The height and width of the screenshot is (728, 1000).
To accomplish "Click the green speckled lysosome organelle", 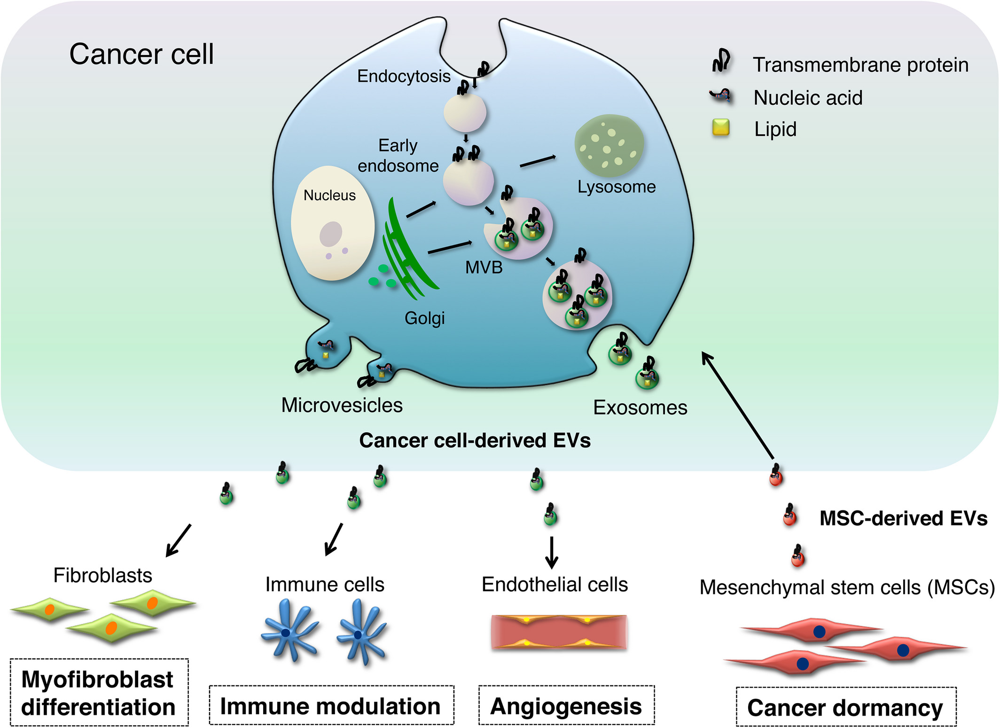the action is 609,146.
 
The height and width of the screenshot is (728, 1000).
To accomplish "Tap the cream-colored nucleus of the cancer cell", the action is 333,223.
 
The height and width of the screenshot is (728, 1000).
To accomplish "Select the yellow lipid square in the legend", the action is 721,127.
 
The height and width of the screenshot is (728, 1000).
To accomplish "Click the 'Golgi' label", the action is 425,318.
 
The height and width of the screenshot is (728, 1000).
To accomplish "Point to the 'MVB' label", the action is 484,267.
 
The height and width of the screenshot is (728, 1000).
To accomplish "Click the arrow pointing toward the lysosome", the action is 538,161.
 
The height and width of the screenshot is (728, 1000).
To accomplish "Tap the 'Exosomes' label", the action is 640,407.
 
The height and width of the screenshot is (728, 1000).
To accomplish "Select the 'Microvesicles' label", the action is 342,405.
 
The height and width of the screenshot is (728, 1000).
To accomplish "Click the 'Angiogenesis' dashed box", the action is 566,705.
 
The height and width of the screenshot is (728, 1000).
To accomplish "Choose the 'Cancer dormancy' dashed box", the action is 846,707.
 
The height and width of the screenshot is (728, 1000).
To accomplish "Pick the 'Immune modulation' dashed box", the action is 331,705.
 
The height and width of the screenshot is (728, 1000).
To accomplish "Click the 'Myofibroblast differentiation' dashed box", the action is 99,692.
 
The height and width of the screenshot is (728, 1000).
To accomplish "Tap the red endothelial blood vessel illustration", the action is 559,632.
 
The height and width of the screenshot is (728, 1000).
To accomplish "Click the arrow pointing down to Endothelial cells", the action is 552,552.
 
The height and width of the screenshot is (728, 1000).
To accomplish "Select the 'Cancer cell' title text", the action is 141,54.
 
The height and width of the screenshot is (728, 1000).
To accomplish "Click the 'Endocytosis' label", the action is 404,76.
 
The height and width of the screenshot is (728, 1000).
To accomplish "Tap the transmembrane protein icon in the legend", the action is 721,61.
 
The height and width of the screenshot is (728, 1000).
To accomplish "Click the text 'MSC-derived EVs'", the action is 903,518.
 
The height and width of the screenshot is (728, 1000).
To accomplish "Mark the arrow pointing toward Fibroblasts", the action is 179,540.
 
